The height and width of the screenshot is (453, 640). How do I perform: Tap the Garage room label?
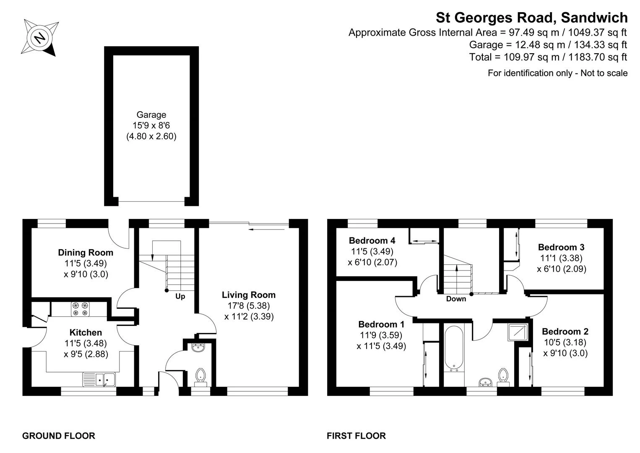coord(151,115)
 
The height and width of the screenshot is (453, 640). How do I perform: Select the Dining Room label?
coord(86,253)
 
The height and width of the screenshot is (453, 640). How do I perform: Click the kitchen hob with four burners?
coord(80,309)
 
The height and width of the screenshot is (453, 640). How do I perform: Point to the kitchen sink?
coord(99,379)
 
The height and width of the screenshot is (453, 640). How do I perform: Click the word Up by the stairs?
coord(180,297)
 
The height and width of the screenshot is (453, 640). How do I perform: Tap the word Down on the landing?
coord(456,299)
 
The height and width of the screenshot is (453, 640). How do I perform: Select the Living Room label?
coord(249,295)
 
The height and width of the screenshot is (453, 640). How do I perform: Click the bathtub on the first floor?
coord(454,349)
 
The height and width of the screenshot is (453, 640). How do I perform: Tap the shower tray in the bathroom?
coord(518,332)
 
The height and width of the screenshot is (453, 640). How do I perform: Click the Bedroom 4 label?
coord(372,241)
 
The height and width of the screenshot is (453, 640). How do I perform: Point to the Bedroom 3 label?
coord(561,247)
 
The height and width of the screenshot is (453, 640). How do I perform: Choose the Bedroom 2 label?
coord(565,331)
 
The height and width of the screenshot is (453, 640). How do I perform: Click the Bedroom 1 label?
coord(381,324)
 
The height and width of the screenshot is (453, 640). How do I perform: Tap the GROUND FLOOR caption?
coord(59,436)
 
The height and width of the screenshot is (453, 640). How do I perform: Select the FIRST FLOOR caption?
coord(356,436)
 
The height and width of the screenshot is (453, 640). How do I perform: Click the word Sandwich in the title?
coord(594,18)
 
